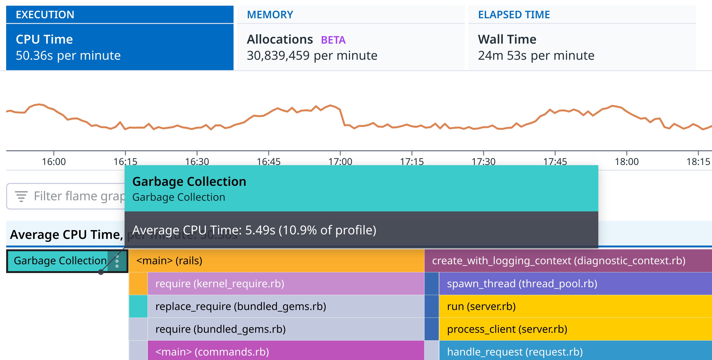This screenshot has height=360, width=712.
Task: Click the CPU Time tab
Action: coord(119,47)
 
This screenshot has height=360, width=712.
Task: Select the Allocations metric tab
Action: coord(280,40)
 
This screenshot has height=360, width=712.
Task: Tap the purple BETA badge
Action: coord(333,40)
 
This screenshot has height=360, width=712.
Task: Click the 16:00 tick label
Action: coord(54,161)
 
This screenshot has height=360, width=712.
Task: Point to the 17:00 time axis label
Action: coord(340,161)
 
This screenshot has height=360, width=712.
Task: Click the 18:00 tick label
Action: coord(626,161)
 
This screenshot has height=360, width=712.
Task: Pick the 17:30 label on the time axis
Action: coord(483,161)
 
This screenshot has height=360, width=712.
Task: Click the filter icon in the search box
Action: coord(21,196)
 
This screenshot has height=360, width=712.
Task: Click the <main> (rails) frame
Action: coord(276,261)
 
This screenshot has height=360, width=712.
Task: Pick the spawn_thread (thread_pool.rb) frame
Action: coord(575,284)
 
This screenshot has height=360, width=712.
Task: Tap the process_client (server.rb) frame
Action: coord(575,329)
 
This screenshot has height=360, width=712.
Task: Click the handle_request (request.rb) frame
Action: coord(575,352)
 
